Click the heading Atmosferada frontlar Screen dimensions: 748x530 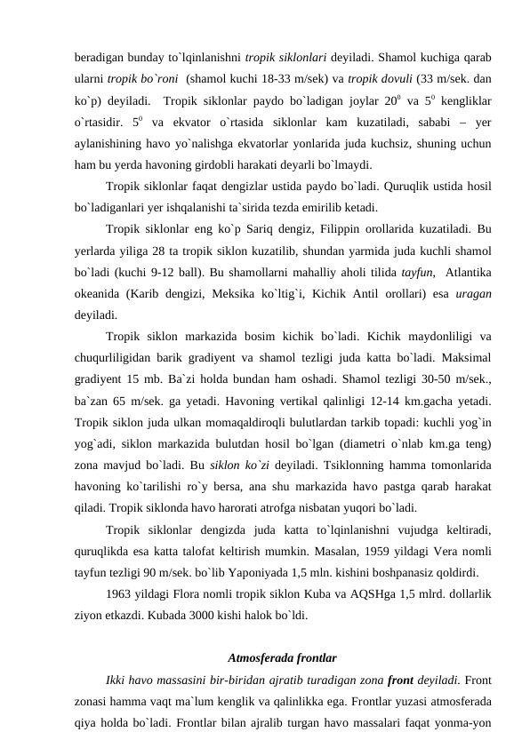tap(282, 659)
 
